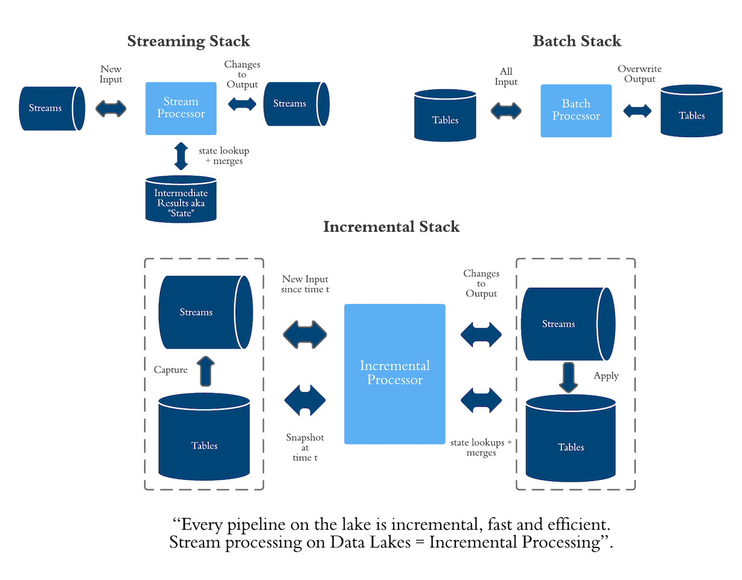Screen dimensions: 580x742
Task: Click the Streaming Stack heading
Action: [x=188, y=41]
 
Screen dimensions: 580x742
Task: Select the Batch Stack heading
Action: [x=577, y=41]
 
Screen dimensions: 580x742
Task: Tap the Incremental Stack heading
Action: [x=391, y=227]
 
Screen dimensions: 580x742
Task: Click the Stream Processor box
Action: [x=181, y=108]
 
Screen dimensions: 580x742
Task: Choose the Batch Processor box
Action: [x=577, y=110]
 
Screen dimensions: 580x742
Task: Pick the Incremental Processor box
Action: [x=395, y=374]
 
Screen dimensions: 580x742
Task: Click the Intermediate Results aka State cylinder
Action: [x=181, y=199]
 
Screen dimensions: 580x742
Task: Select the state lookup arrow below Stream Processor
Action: [x=181, y=155]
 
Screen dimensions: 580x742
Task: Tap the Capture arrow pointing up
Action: [x=205, y=371]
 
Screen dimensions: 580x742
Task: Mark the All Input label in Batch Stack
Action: [x=507, y=77]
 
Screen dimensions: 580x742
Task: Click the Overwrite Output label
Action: [x=640, y=74]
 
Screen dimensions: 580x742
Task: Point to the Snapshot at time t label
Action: [x=304, y=447]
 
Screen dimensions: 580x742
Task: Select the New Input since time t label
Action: [x=305, y=284]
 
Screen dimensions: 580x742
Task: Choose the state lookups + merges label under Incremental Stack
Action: [x=481, y=447]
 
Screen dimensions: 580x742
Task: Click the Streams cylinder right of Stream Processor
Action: [x=296, y=103]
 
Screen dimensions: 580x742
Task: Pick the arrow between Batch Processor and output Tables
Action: [x=638, y=111]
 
